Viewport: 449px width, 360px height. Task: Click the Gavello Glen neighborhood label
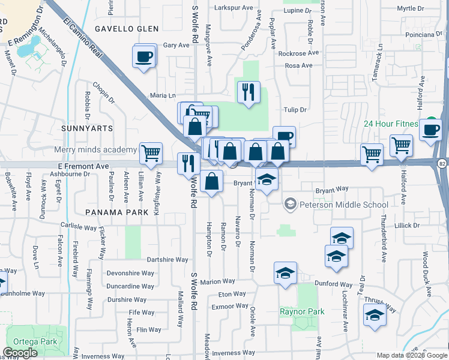127,29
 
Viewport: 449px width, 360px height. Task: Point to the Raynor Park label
302,311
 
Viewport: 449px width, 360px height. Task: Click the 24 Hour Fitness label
390,124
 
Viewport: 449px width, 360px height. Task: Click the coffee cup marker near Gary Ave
144,56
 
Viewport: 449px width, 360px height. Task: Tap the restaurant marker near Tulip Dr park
249,92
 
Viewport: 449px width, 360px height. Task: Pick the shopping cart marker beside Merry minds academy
151,153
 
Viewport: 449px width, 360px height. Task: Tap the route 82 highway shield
442,163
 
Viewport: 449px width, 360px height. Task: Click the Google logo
20,353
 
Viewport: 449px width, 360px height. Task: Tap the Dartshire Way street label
167,260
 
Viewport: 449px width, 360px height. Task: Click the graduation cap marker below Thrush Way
375,314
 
